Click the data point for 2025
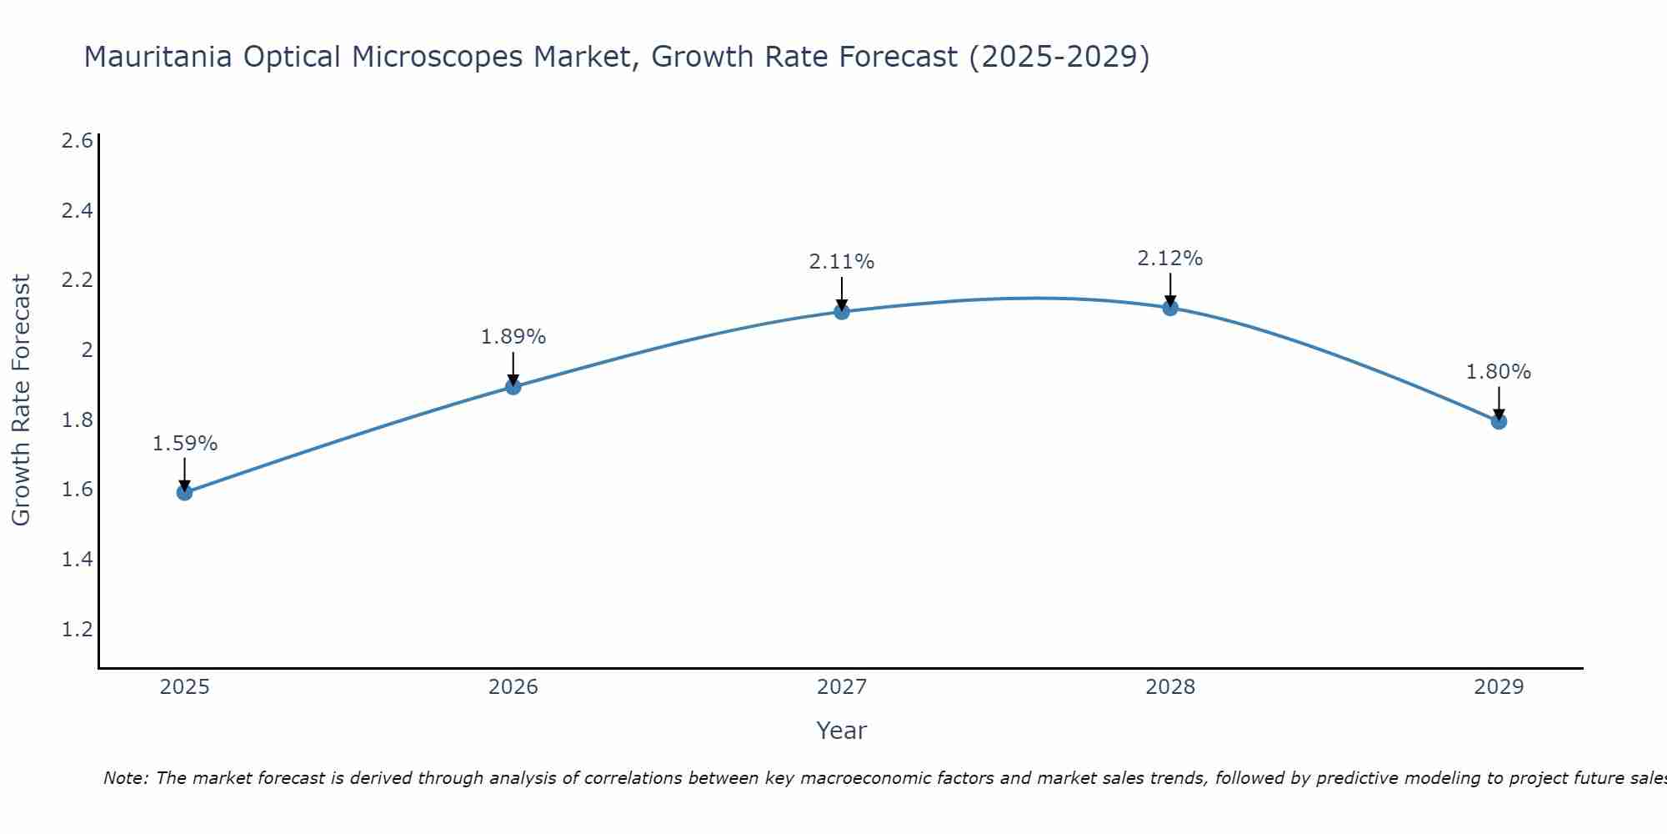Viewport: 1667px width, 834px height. (x=184, y=492)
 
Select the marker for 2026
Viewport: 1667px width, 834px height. (x=513, y=387)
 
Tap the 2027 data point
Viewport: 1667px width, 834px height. (x=842, y=312)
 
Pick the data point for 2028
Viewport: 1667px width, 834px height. (x=1170, y=308)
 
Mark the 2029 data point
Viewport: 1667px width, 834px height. (x=1499, y=421)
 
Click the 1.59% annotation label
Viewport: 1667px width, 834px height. (x=184, y=444)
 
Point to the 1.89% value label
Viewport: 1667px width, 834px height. (x=513, y=337)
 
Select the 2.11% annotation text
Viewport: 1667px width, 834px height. (x=842, y=262)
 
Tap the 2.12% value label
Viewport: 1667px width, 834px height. (x=1170, y=259)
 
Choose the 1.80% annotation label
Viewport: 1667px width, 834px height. (x=1499, y=372)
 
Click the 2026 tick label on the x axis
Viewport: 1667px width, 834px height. (x=513, y=687)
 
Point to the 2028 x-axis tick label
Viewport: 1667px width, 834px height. (x=1170, y=687)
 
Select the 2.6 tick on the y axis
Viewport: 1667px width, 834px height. (x=77, y=140)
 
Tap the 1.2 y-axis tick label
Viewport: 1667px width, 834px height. (x=77, y=629)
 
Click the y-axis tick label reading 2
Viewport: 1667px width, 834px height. (x=87, y=349)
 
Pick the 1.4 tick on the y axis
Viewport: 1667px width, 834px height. (x=77, y=559)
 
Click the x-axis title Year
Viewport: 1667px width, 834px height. (x=842, y=731)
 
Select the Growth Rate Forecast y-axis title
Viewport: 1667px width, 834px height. (x=21, y=400)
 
